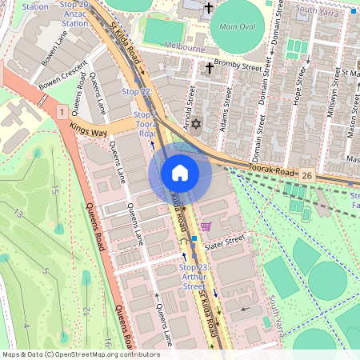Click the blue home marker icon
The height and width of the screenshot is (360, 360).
coord(180,172)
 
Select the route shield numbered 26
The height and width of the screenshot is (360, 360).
coord(306,173)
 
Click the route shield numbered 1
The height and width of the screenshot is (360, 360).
coord(62,113)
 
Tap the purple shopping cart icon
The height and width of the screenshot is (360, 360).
coord(206,226)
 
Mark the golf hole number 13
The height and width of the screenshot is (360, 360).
coord(18,213)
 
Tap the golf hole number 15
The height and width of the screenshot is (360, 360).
coord(54,190)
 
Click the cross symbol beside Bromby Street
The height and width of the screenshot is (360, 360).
coord(210,68)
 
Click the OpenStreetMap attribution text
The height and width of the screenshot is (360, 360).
coord(80,354)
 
